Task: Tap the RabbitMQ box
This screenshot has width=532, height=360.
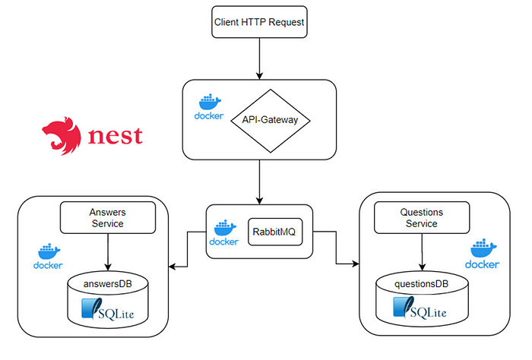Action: [x=275, y=234]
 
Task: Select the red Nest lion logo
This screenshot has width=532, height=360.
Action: [x=62, y=137]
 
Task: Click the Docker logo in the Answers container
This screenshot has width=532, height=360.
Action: [x=47, y=256]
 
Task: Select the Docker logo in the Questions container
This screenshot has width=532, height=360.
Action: [x=483, y=254]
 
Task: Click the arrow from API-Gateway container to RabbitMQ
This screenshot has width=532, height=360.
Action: [x=259, y=182]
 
